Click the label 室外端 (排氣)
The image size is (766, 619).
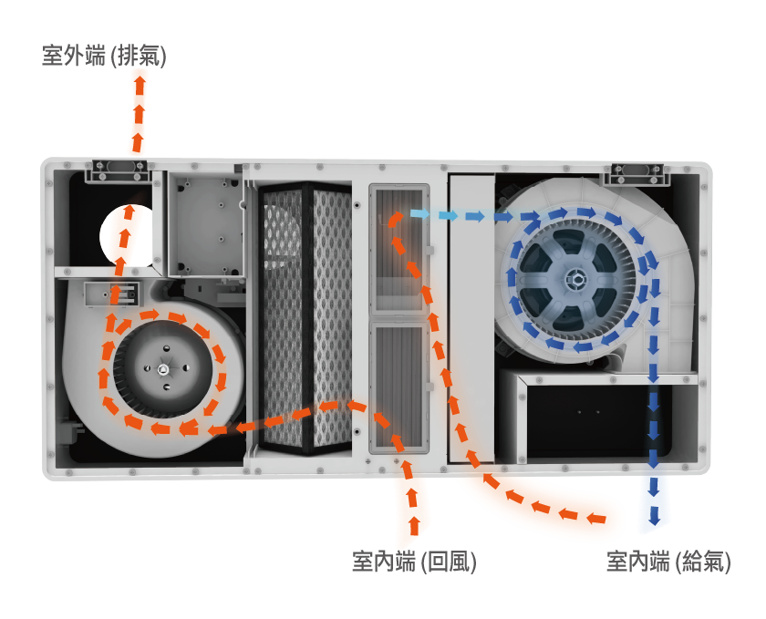coord(104,56)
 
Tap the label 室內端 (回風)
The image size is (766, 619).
coord(414,561)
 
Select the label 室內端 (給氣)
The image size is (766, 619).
coord(668,561)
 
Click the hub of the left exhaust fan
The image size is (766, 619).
coord(162,370)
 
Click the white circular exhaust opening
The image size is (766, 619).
coord(127,236)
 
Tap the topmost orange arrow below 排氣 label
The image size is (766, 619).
coord(140,85)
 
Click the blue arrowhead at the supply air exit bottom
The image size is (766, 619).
coord(654,515)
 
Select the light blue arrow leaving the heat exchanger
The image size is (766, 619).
coord(419,213)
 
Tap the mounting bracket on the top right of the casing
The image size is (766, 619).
coord(637,174)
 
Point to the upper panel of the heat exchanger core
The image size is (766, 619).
coord(399,249)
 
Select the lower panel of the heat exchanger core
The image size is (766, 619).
coord(399,387)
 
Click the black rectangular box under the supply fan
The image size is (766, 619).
coord(598,421)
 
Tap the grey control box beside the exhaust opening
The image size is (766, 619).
coord(207,225)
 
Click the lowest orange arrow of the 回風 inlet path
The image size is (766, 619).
coord(414,525)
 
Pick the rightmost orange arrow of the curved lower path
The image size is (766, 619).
coord(596,519)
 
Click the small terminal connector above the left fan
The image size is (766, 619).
coord(112,294)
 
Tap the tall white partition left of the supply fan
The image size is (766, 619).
coord(471,317)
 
